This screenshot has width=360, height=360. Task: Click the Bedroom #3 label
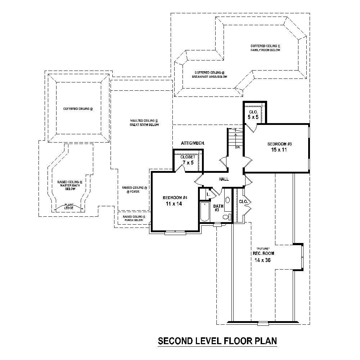pos(279,144)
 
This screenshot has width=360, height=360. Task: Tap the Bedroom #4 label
pos(175,198)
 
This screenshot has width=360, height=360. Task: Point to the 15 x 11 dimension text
pos(279,150)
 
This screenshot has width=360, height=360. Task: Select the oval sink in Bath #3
pos(228,200)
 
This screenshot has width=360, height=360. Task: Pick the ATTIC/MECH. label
pos(193,143)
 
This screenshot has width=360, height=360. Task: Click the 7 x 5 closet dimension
pos(188,163)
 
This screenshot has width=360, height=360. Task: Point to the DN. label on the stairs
pos(238,147)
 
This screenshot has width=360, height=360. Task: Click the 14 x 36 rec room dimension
pos(262,260)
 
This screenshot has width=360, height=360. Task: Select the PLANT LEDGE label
pos(68,206)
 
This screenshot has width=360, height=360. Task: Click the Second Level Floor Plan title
pos(217,341)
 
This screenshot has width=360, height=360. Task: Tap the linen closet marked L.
pos(208,194)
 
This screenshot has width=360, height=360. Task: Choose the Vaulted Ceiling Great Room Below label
pos(144,122)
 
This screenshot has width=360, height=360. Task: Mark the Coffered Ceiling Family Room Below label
pos(265,48)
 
